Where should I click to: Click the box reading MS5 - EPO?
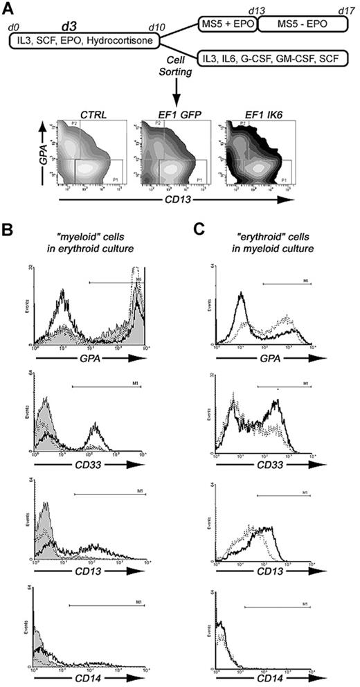(300, 24)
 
